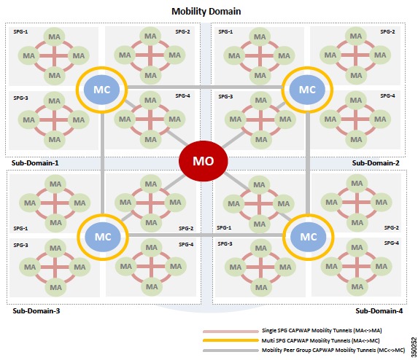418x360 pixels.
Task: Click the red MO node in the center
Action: pos(203,161)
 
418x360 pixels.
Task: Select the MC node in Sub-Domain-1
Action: pos(101,90)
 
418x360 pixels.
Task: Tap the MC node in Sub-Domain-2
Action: pos(307,90)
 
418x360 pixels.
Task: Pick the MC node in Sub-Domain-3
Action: pos(103,237)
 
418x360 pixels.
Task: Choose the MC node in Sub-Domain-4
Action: pos(308,237)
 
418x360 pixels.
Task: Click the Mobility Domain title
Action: pos(206,11)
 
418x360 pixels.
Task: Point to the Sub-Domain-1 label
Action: pos(35,163)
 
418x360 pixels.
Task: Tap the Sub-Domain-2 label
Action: pos(376,163)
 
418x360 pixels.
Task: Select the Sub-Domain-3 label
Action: pos(36,310)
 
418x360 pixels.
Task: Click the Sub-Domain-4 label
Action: pos(379,310)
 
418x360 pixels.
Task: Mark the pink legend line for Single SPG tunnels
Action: pos(231,332)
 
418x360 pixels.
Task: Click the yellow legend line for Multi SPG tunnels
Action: pos(231,340)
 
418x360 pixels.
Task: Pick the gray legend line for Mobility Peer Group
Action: pos(231,351)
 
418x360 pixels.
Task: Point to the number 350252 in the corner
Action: pos(414,347)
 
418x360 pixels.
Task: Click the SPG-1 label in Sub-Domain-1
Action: pos(20,31)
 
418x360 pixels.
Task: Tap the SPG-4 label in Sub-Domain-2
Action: pos(387,95)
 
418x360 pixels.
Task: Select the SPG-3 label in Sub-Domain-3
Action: pos(20,245)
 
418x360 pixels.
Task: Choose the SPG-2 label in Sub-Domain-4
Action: pos(391,227)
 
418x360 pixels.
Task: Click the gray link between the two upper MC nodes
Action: pos(204,87)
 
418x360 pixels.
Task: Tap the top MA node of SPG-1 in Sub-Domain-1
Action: pos(54,36)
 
